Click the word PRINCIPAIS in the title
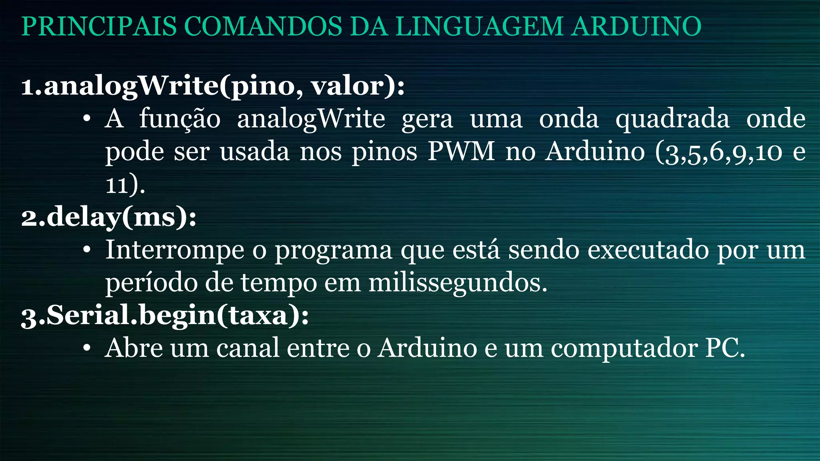point(99,26)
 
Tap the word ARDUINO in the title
point(636,26)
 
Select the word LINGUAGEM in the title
point(480,26)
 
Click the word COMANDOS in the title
point(263,26)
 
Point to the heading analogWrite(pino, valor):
point(213,86)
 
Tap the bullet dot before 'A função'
point(87,119)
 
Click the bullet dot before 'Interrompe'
point(87,251)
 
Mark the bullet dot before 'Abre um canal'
point(87,349)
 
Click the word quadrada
point(672,119)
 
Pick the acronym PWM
point(461,152)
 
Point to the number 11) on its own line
point(125,185)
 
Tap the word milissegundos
point(457,283)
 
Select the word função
point(180,119)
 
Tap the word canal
point(248,348)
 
